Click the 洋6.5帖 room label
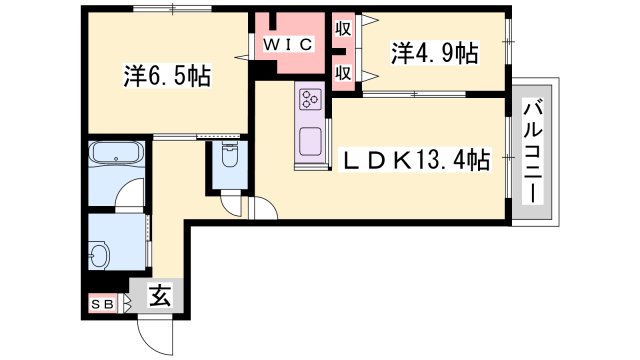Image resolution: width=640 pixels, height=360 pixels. [167, 76]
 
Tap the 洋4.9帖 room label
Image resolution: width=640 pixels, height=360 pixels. [435, 53]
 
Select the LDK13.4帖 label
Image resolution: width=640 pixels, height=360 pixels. [416, 160]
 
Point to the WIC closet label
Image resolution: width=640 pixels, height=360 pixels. [288, 44]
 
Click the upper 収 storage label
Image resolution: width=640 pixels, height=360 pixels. [343, 29]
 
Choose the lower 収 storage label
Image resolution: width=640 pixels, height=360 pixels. [343, 73]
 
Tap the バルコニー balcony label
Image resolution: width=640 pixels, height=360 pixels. [533, 153]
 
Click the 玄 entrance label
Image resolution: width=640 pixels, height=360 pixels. [159, 296]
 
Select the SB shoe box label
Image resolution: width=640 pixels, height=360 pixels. [102, 304]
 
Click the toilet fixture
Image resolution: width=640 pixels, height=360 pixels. [230, 155]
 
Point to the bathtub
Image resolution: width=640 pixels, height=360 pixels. [117, 153]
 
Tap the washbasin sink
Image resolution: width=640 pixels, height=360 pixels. [99, 255]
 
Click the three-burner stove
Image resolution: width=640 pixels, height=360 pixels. [311, 100]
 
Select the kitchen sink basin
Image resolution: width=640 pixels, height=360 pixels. [311, 141]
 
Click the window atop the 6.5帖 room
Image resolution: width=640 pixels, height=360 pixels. [172, 9]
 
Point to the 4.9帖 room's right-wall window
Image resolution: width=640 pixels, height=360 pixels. [508, 42]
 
